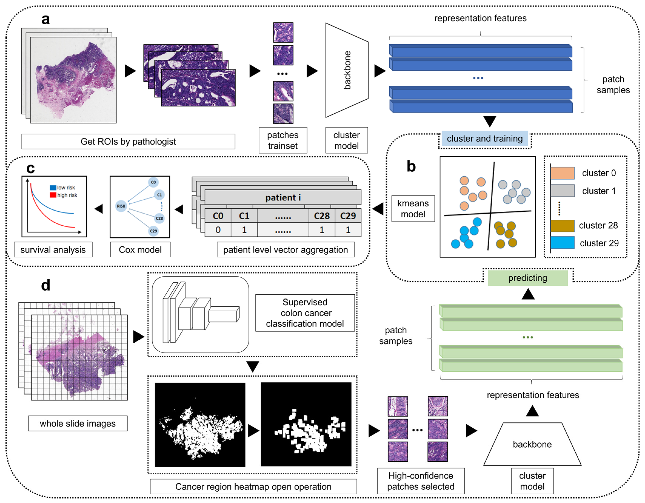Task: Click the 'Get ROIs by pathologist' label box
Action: (x=128, y=142)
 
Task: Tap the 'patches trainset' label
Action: (x=283, y=140)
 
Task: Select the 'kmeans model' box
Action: (x=413, y=208)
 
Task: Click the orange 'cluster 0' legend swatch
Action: (x=562, y=173)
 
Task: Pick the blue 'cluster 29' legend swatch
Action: (x=562, y=242)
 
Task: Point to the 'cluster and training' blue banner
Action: (x=485, y=138)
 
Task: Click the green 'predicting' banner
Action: (x=527, y=278)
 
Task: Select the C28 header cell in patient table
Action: (x=322, y=216)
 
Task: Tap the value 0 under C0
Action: (x=218, y=230)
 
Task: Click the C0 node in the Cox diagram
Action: (x=153, y=182)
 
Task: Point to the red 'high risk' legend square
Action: (x=53, y=195)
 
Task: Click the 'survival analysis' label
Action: (x=53, y=250)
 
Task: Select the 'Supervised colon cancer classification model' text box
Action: (x=305, y=313)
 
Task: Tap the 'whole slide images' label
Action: (x=78, y=423)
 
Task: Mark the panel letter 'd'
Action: (x=45, y=285)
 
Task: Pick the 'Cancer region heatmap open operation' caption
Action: (x=253, y=486)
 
